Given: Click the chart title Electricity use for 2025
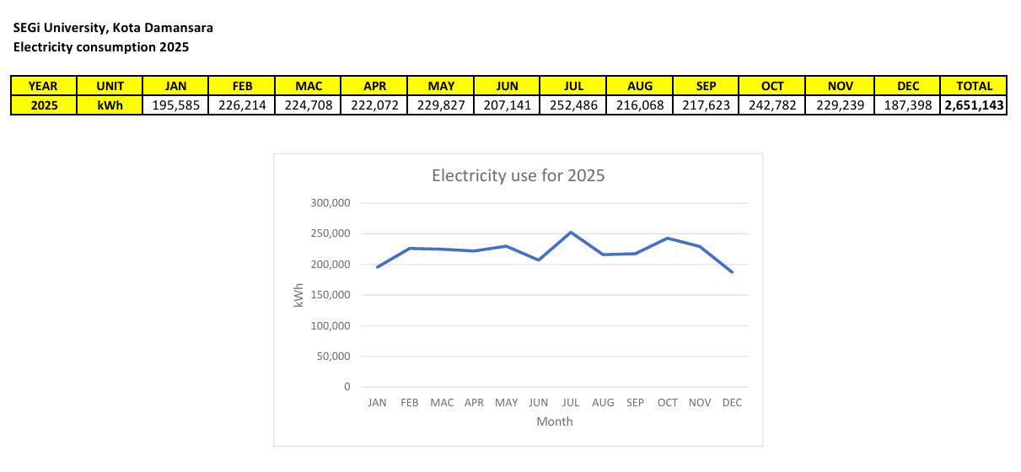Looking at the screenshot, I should point(519,176).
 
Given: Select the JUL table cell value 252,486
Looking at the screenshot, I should point(573,105).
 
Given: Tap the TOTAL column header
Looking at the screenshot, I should point(974,86).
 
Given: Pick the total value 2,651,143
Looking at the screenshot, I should point(974,105).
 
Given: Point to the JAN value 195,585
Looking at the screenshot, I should point(176,105).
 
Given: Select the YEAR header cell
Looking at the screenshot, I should point(43,86).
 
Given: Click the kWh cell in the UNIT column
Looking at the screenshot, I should point(110,105).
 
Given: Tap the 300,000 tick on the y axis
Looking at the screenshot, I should point(331,203).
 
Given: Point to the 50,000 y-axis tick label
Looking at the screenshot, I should point(334,357).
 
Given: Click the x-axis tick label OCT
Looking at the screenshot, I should point(668,403).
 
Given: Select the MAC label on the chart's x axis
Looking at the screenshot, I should point(442,403).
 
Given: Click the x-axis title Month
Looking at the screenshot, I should point(555,421).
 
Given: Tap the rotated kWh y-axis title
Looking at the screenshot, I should point(298,295).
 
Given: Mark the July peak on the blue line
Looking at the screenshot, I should point(571,232).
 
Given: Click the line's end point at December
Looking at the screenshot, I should point(732,272).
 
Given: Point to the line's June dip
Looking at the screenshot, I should point(539,260).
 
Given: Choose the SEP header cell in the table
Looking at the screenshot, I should point(707,86).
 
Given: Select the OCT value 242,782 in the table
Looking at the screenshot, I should point(772,105).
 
